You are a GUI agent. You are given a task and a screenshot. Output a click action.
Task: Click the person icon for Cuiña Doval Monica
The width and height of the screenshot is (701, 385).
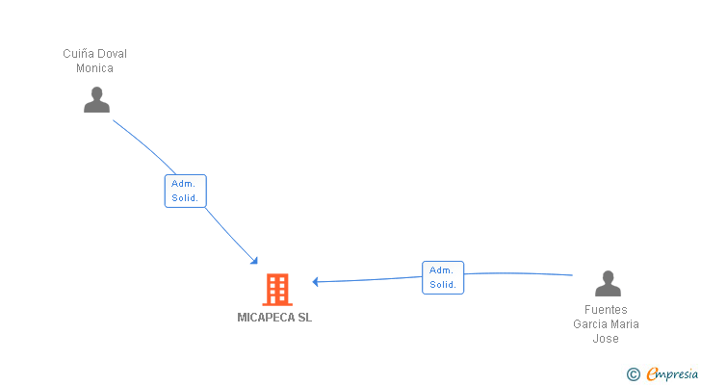click(96, 99)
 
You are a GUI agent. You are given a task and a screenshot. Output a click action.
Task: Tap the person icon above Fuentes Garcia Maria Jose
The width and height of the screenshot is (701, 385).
click(608, 284)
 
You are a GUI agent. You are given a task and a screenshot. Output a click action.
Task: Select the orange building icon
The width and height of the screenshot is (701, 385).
click(277, 290)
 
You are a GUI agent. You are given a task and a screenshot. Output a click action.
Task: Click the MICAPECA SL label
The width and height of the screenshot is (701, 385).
click(274, 318)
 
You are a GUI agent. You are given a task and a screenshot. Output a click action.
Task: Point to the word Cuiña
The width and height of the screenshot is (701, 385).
click(77, 54)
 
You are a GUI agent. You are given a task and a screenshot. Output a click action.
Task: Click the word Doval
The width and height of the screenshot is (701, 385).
click(112, 54)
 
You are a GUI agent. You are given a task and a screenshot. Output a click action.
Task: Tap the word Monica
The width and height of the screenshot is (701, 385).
click(94, 68)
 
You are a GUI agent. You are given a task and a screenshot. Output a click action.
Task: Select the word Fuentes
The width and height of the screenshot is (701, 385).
click(606, 310)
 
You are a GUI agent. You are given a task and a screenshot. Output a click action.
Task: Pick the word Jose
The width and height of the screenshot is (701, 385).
click(606, 339)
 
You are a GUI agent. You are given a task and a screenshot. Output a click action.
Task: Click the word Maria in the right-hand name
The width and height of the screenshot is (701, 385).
click(626, 324)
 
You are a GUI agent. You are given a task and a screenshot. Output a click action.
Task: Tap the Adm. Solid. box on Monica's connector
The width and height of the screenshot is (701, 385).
click(186, 192)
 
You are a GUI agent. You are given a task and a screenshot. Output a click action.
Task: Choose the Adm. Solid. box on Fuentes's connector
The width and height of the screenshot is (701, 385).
click(443, 278)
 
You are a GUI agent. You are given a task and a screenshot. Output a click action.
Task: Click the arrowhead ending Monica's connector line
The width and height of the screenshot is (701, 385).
click(254, 261)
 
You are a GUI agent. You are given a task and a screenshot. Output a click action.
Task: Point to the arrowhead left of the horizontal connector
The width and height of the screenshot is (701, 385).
click(315, 281)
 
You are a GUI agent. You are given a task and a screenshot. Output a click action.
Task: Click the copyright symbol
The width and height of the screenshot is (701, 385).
click(633, 374)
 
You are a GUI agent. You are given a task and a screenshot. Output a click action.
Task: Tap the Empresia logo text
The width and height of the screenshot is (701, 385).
click(672, 374)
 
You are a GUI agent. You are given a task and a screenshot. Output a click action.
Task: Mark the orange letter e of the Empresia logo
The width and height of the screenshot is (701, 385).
click(653, 373)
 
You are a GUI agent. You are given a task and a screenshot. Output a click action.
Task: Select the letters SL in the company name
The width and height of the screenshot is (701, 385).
click(304, 318)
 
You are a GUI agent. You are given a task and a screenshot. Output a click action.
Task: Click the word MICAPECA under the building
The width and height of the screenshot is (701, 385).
click(266, 318)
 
